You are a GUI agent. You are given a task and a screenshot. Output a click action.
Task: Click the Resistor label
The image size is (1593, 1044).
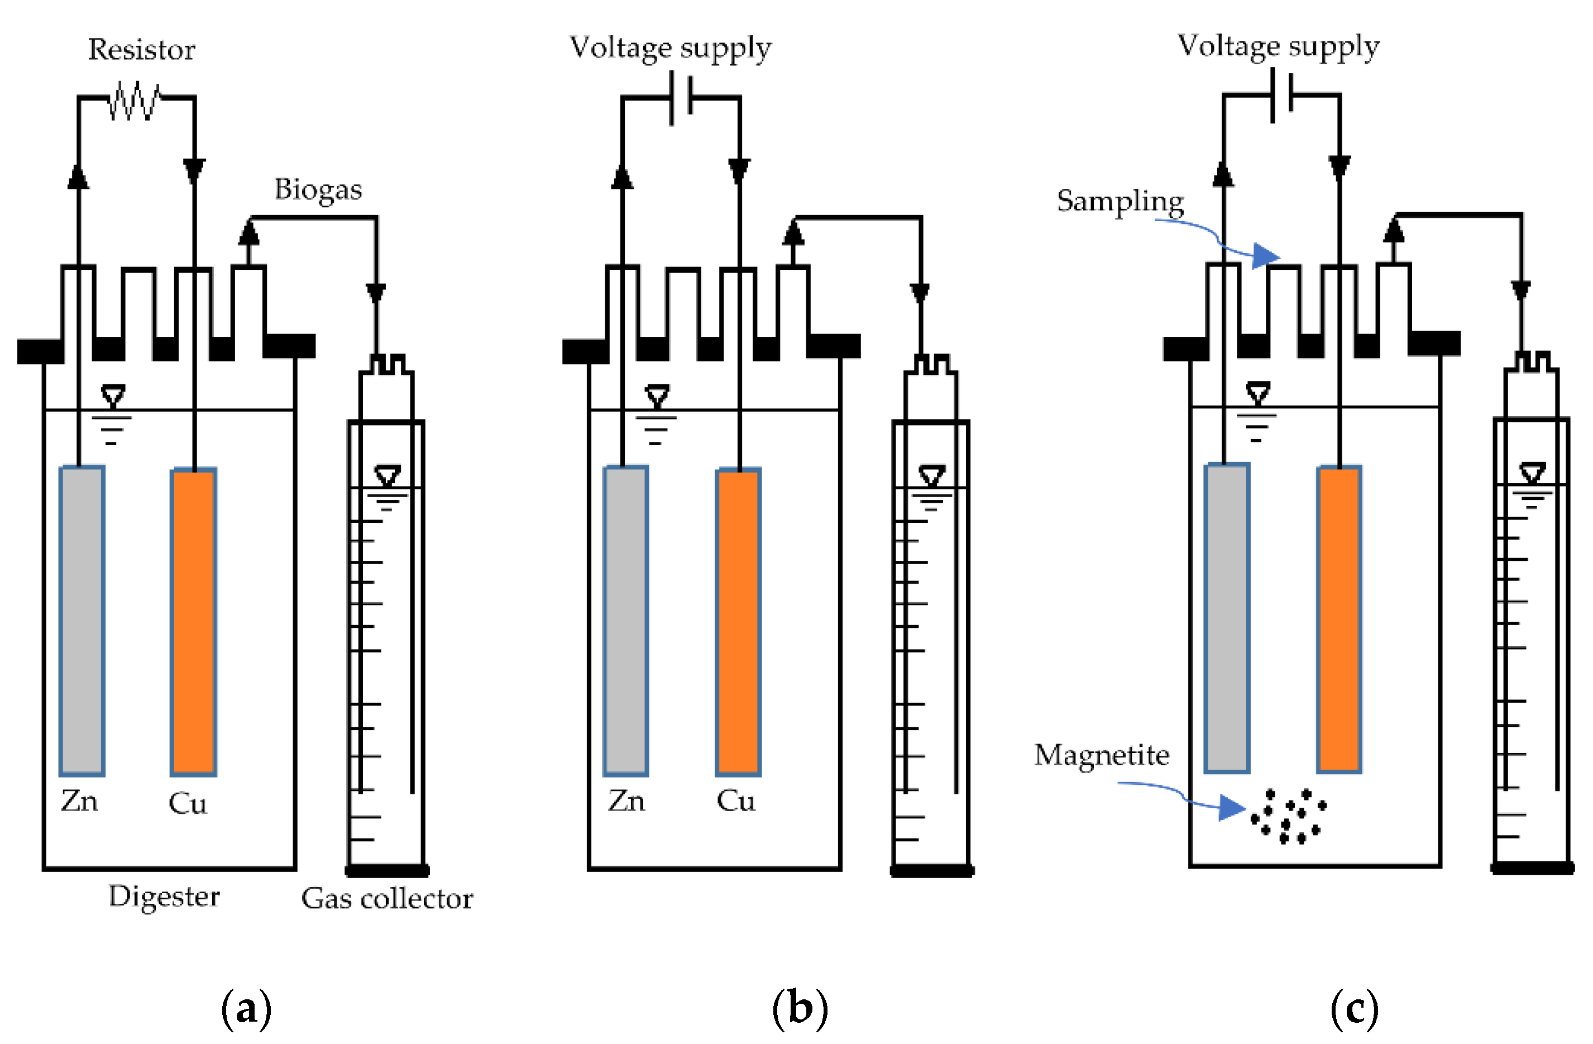click(x=141, y=50)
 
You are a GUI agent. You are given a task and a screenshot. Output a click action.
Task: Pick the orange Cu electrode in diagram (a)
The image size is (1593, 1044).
click(x=193, y=622)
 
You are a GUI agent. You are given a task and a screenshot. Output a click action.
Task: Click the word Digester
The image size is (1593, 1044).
click(x=164, y=897)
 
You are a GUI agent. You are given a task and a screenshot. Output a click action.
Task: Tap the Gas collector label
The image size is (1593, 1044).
click(x=387, y=899)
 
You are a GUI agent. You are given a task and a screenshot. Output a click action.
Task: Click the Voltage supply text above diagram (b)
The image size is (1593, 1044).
click(x=670, y=48)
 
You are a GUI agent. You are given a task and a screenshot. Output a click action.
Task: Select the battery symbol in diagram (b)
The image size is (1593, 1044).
click(x=681, y=98)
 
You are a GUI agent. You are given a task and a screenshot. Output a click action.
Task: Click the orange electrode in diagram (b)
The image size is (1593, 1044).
click(x=738, y=622)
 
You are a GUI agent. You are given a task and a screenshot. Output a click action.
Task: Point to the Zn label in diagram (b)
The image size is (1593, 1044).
click(x=626, y=801)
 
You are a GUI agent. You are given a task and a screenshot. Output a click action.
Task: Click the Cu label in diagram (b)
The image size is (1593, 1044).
click(x=735, y=801)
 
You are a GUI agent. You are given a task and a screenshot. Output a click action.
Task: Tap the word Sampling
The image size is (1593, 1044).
click(x=1120, y=201)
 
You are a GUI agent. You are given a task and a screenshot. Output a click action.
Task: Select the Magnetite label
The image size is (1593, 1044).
click(x=1101, y=755)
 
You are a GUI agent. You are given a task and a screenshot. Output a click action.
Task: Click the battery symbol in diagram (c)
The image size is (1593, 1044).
click(x=1281, y=97)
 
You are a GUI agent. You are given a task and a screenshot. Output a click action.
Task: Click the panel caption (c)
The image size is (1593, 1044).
click(x=1354, y=1008)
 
